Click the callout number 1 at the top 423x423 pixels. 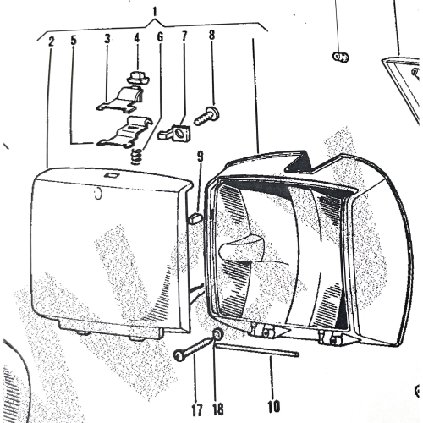(x=154, y=12)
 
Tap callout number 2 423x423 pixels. (x=51, y=41)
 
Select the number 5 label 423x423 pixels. (x=74, y=40)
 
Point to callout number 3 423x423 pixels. (x=107, y=39)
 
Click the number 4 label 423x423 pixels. (x=137, y=38)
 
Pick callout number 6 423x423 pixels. (x=160, y=36)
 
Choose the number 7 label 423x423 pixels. (x=184, y=36)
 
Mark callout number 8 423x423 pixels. (x=211, y=35)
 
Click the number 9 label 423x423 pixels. (x=200, y=157)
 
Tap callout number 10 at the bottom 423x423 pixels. (x=273, y=406)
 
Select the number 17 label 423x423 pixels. (x=197, y=410)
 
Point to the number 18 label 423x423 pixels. (x=218, y=409)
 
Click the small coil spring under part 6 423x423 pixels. (x=136, y=157)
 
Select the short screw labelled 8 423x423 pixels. (x=206, y=116)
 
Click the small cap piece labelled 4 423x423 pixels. (x=138, y=78)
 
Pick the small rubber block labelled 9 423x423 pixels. (x=195, y=218)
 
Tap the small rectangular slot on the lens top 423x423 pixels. (x=111, y=175)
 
